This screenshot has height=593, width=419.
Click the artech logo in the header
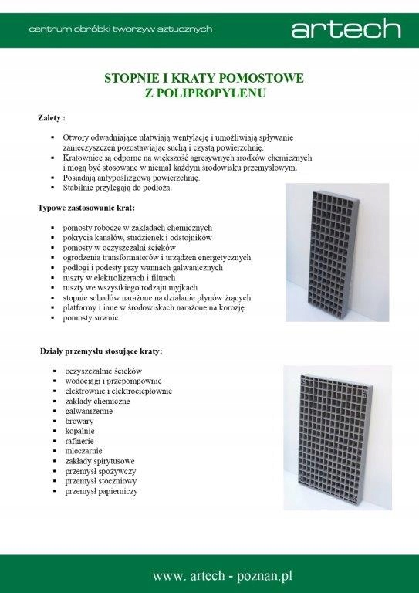pos(346,29)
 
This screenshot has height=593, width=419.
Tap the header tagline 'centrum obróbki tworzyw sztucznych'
pos(120,29)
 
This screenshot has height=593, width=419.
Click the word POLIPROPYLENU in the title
pos(204,93)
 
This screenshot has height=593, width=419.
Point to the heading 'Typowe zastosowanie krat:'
pos(86,208)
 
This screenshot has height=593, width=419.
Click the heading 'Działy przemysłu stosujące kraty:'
pos(101,351)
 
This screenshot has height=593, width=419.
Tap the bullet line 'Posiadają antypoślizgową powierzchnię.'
pos(132,178)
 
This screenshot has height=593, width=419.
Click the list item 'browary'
pos(79,421)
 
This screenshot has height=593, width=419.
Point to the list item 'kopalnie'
pos(80,431)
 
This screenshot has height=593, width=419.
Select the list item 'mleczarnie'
pos(83,451)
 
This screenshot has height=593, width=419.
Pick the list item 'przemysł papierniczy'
pos(102,490)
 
